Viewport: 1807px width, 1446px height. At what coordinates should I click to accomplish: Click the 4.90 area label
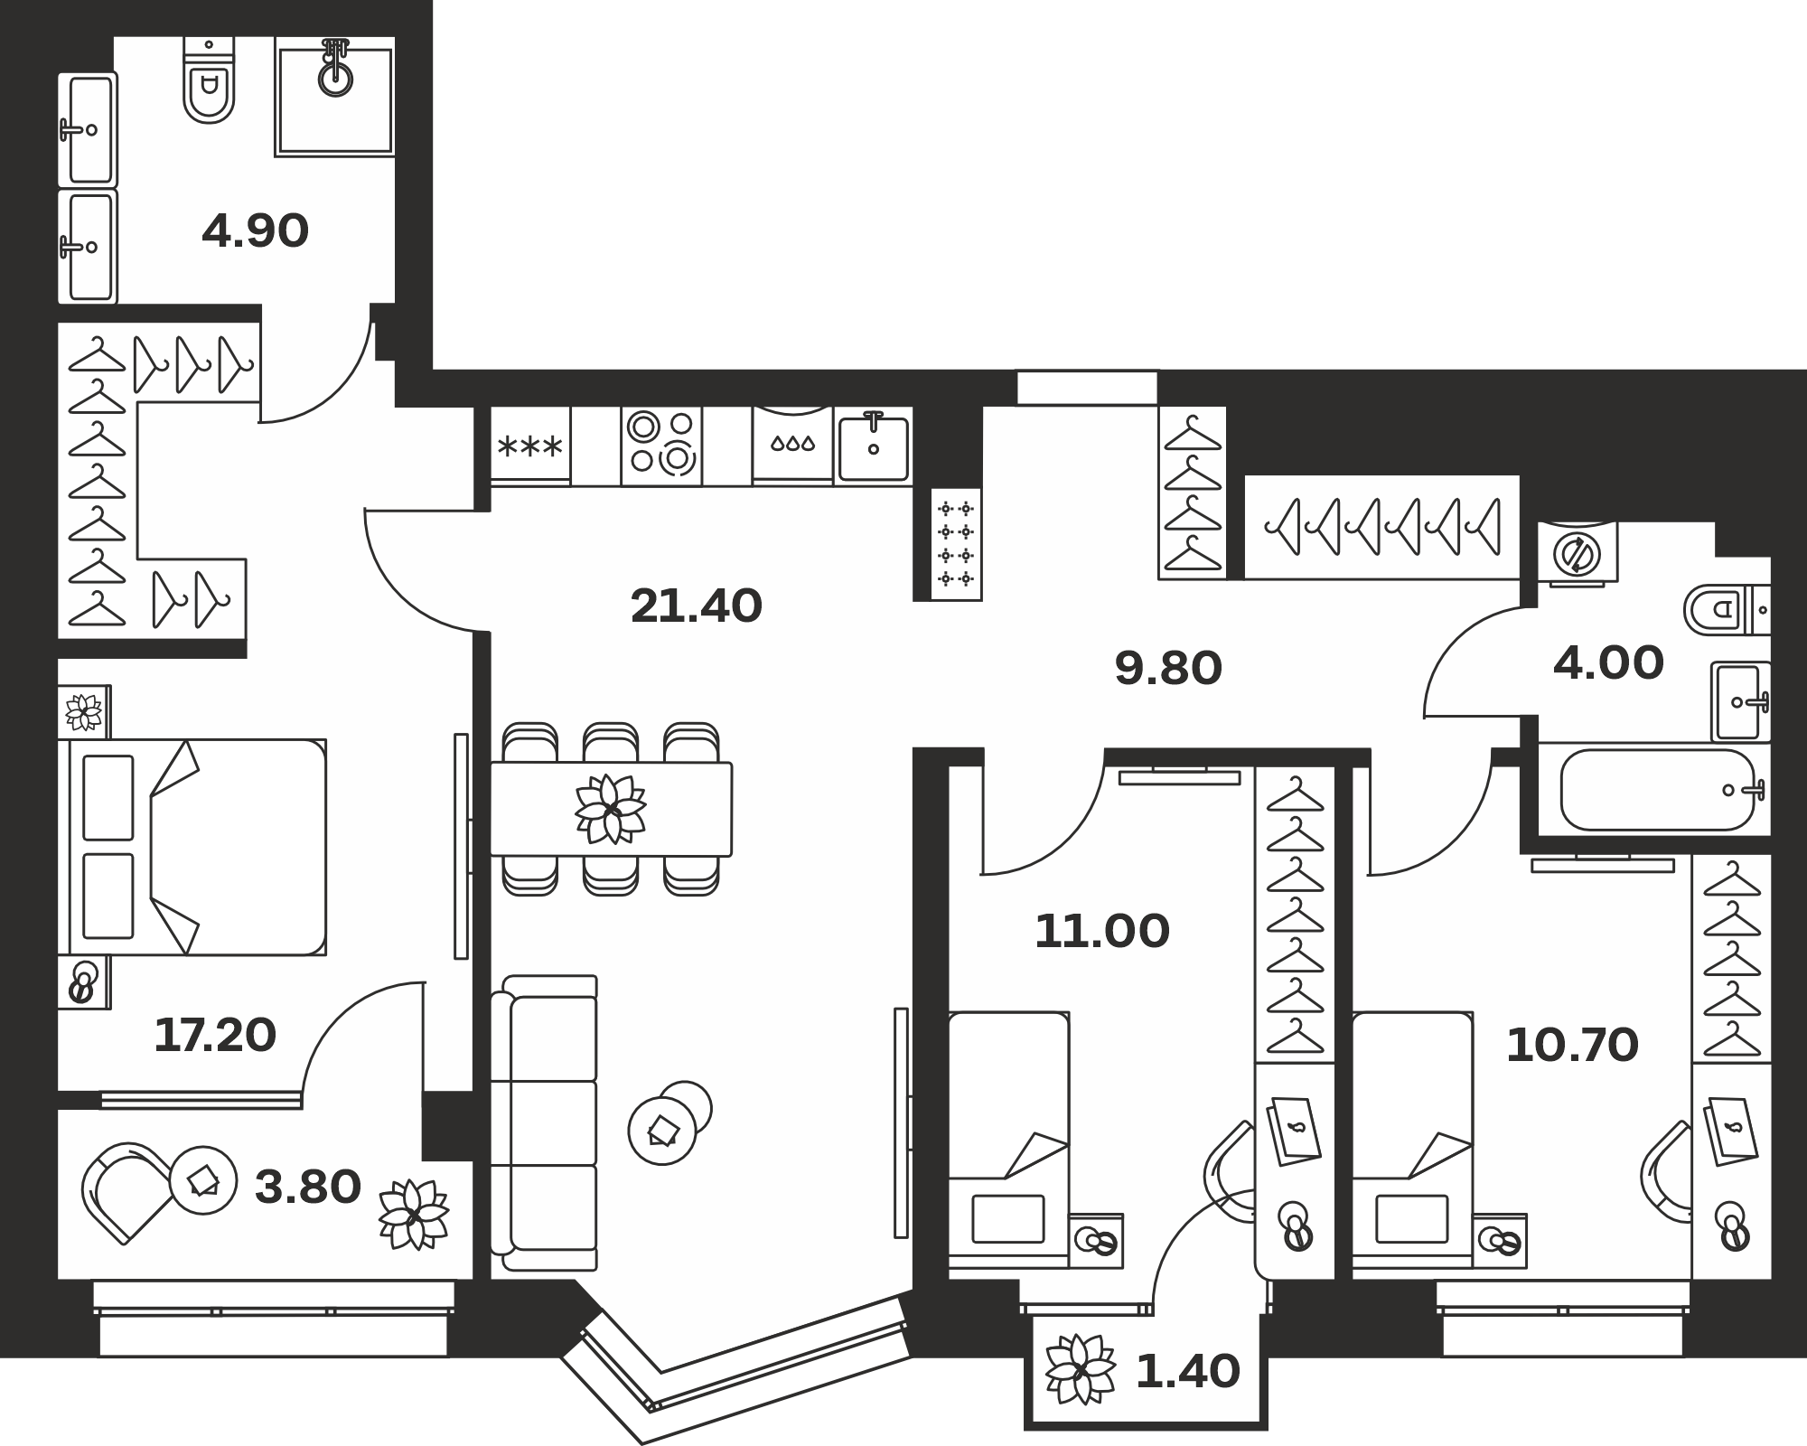256,231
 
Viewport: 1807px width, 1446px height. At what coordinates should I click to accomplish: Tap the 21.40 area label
697,606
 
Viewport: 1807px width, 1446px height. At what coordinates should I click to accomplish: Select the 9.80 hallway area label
1168,669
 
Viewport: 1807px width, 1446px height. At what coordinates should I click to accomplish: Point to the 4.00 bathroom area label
1608,663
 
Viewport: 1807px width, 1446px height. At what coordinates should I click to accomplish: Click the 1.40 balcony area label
1187,1372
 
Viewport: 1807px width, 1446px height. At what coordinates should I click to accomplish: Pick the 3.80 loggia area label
308,1188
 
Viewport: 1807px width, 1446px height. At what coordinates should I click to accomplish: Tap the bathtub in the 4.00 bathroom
1657,790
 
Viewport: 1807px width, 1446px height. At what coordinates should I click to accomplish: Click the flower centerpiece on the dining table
611,809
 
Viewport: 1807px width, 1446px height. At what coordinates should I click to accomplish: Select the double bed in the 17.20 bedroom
192,847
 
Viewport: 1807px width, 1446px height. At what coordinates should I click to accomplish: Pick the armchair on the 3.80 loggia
127,1192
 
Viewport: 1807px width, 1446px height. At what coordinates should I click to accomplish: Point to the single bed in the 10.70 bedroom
1413,1138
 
